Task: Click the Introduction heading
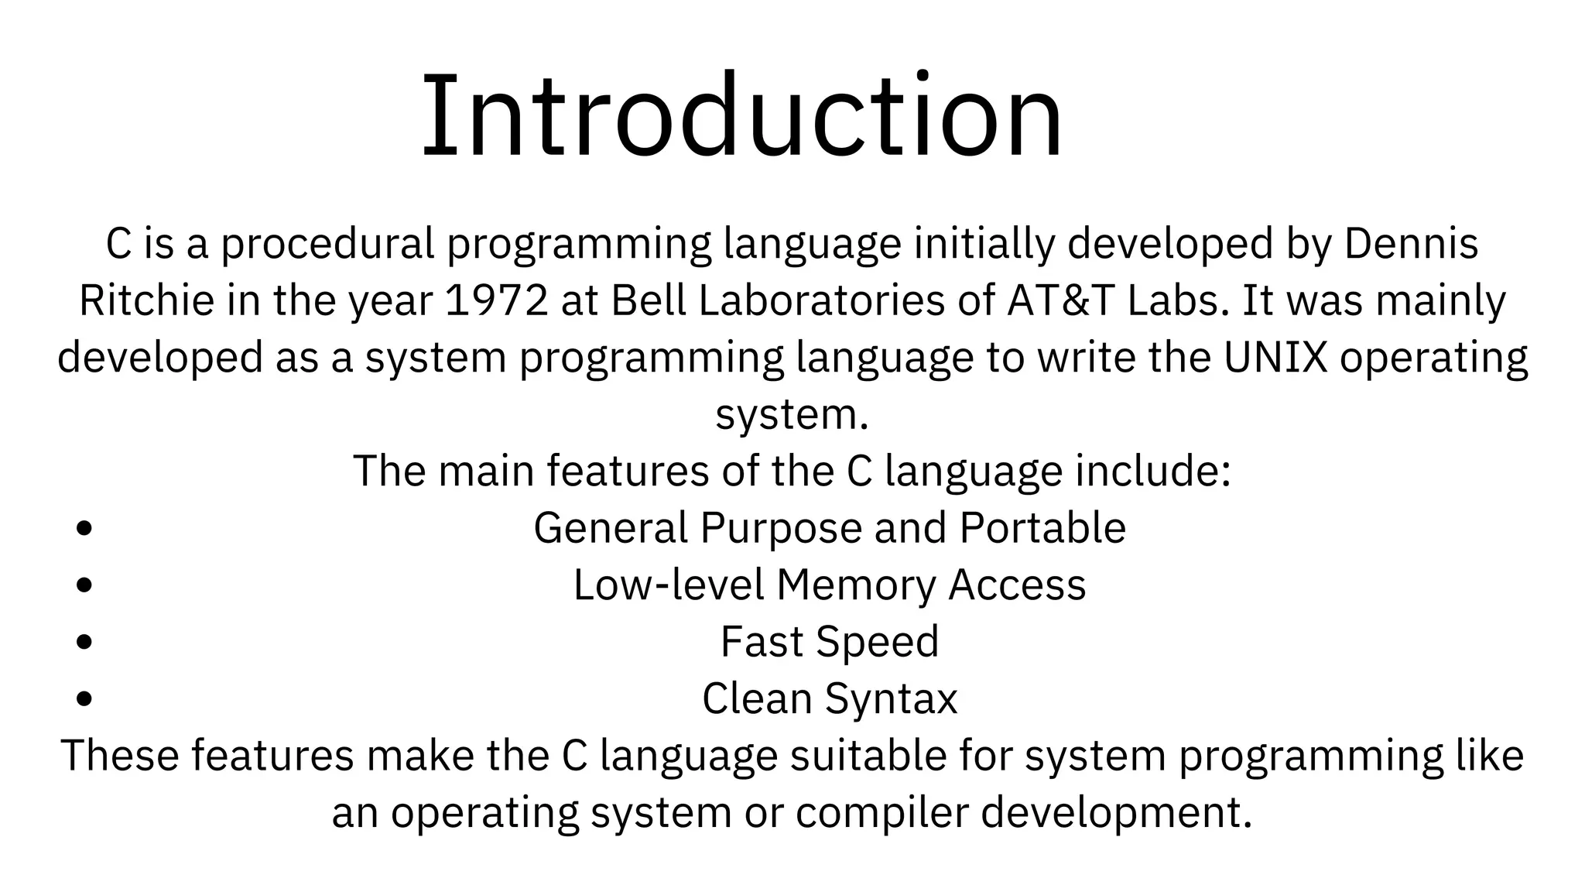coord(741,116)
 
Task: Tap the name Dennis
coord(1411,244)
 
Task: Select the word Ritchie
coord(146,301)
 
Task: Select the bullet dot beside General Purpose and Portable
coord(85,529)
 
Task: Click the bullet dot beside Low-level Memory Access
coord(85,585)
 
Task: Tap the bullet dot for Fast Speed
coord(85,642)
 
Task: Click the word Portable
coord(1042,528)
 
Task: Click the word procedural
coord(327,245)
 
